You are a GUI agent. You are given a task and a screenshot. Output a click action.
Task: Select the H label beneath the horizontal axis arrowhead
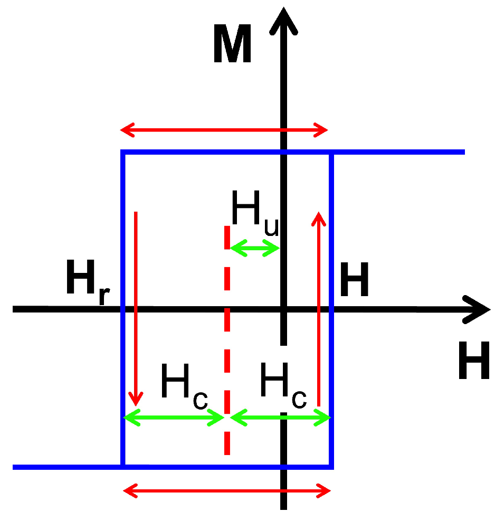[473, 361]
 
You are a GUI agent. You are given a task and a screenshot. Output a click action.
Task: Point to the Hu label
[255, 212]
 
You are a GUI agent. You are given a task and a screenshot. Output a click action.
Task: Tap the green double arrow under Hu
[255, 248]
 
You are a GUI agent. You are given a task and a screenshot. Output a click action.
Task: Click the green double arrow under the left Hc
[175, 418]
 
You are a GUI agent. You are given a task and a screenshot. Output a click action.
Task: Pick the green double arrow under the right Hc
[280, 418]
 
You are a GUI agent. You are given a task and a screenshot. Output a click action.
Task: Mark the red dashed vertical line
[227, 338]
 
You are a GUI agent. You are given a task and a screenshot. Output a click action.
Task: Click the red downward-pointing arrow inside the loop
[136, 306]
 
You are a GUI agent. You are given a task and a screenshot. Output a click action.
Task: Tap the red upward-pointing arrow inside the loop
[318, 306]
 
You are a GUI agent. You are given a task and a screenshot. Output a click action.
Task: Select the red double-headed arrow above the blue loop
[224, 129]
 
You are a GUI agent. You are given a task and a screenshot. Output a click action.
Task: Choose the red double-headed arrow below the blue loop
[227, 491]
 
